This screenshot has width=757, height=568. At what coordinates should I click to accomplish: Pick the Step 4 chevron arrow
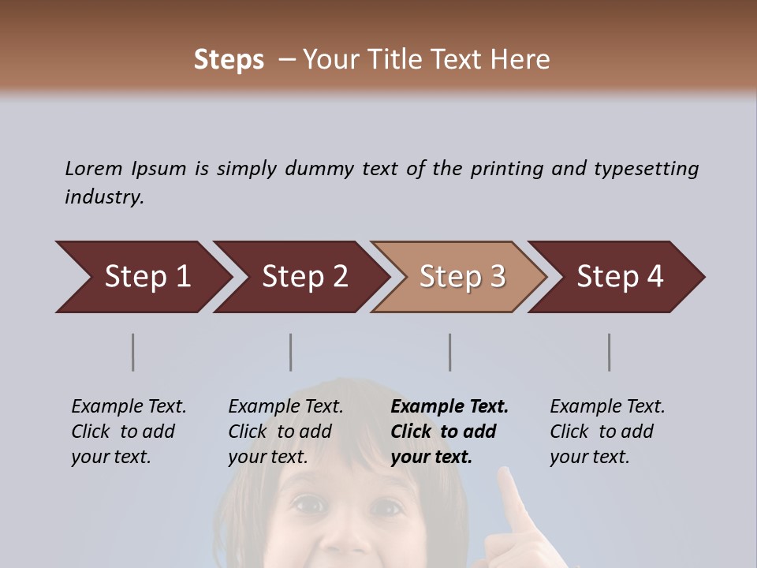pos(619,277)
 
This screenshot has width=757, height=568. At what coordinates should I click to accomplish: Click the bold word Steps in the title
pos(229,60)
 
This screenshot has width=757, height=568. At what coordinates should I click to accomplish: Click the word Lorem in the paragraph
pos(94,169)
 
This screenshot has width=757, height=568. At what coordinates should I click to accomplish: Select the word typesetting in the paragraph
pos(646,169)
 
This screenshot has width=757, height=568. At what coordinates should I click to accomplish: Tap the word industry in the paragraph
pos(103,197)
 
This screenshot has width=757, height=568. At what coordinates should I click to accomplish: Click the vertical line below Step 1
pos(133,352)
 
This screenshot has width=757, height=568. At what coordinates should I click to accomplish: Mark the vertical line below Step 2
pos(291,352)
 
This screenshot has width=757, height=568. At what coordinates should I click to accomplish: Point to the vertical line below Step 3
pos(450,352)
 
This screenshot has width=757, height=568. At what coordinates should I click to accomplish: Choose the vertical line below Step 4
pos(610,352)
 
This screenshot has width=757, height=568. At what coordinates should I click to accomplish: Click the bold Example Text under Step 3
pos(449,407)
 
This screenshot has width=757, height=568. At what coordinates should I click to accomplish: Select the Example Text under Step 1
pos(129,407)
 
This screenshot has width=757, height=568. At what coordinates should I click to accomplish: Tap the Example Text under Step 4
pos(607,407)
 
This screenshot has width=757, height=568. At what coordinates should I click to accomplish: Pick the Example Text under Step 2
pos(285,407)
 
